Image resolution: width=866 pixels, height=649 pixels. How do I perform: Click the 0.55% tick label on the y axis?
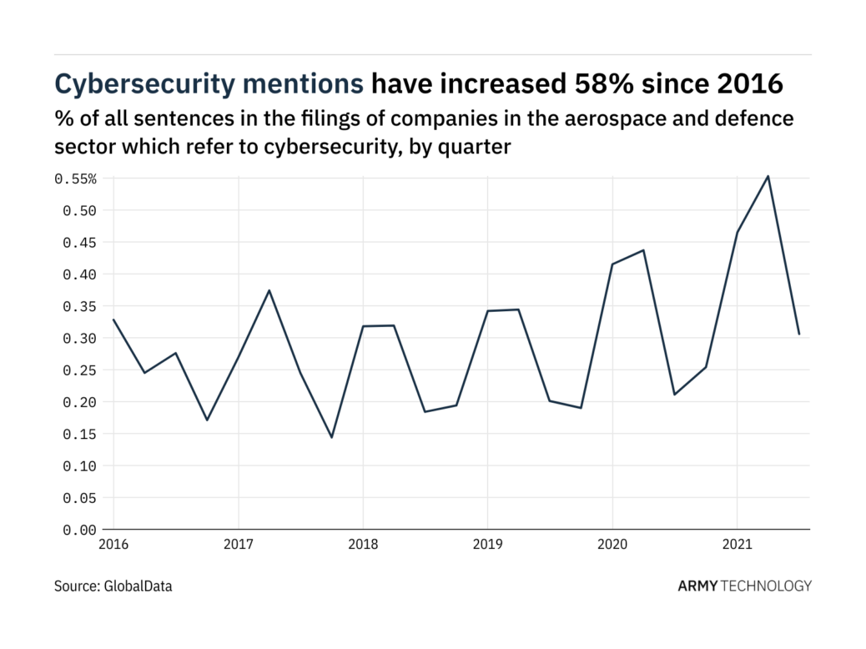76,179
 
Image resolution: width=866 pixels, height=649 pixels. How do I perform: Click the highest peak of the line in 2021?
768,176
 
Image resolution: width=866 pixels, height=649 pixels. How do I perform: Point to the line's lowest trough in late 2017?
331,437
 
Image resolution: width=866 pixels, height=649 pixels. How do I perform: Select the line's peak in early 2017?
269,290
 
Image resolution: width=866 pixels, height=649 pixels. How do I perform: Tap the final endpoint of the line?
799,335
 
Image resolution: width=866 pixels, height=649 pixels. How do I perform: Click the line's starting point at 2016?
113,319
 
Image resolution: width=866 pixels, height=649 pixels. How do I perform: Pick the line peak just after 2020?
643,250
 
